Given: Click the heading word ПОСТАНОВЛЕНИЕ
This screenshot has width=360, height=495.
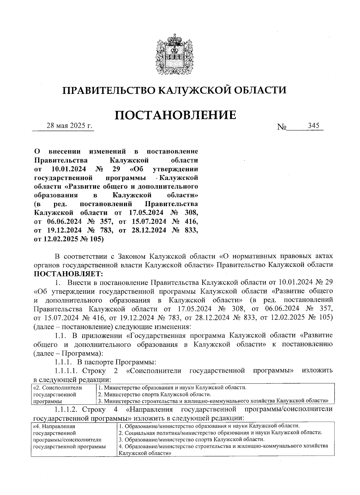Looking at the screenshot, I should click(175, 115).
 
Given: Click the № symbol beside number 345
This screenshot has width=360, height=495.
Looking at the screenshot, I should click(282, 127).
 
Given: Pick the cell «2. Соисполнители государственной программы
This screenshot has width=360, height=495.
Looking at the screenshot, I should click(57, 394).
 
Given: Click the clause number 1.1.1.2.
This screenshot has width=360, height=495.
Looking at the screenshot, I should click(67, 409).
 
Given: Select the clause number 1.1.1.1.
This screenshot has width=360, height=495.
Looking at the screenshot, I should click(67, 370).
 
